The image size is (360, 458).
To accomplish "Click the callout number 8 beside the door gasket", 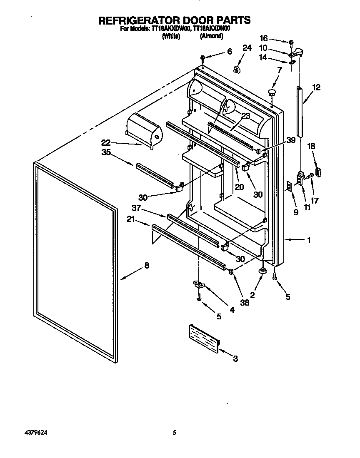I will click(x=147, y=265).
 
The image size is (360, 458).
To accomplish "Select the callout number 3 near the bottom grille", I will click(x=235, y=358).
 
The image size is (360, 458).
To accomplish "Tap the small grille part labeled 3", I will click(x=203, y=338).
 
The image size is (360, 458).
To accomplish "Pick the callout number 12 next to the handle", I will click(x=316, y=87).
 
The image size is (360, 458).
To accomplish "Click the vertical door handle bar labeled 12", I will click(x=300, y=110).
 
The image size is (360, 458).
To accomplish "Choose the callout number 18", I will click(x=311, y=146).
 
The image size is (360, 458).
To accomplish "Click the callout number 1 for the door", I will click(x=309, y=239).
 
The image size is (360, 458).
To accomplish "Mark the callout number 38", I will click(x=245, y=303).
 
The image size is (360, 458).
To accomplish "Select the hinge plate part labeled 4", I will click(x=200, y=284).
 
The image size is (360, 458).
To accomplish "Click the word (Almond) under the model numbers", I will click(x=211, y=36).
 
